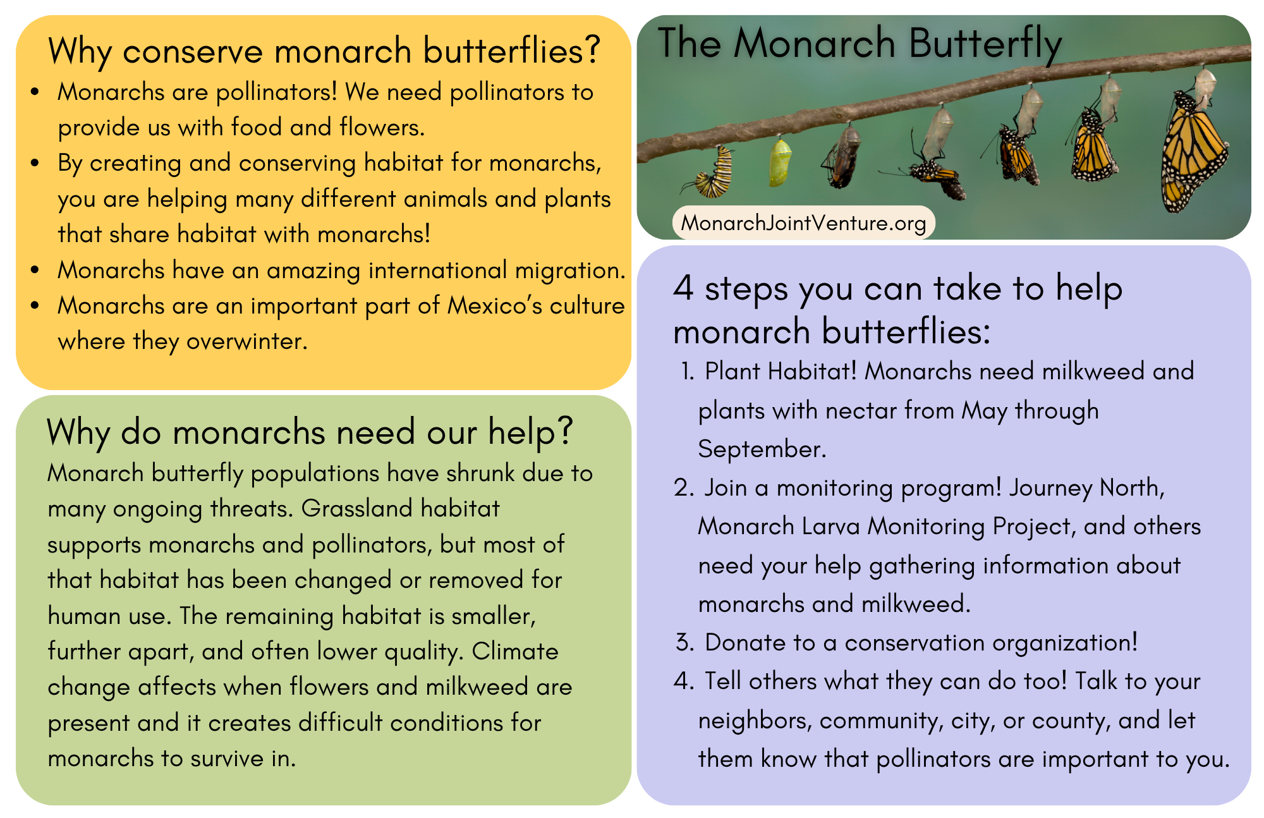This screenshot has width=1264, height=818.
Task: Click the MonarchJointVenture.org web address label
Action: pos(803,223)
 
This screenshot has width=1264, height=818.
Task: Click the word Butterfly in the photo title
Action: pos(985,44)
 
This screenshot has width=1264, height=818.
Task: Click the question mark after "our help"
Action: pos(564,431)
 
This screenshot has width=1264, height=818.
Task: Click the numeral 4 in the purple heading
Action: pos(684,288)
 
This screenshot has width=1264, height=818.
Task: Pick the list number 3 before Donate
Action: pos(684,642)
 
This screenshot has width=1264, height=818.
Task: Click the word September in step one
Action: pos(761,449)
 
